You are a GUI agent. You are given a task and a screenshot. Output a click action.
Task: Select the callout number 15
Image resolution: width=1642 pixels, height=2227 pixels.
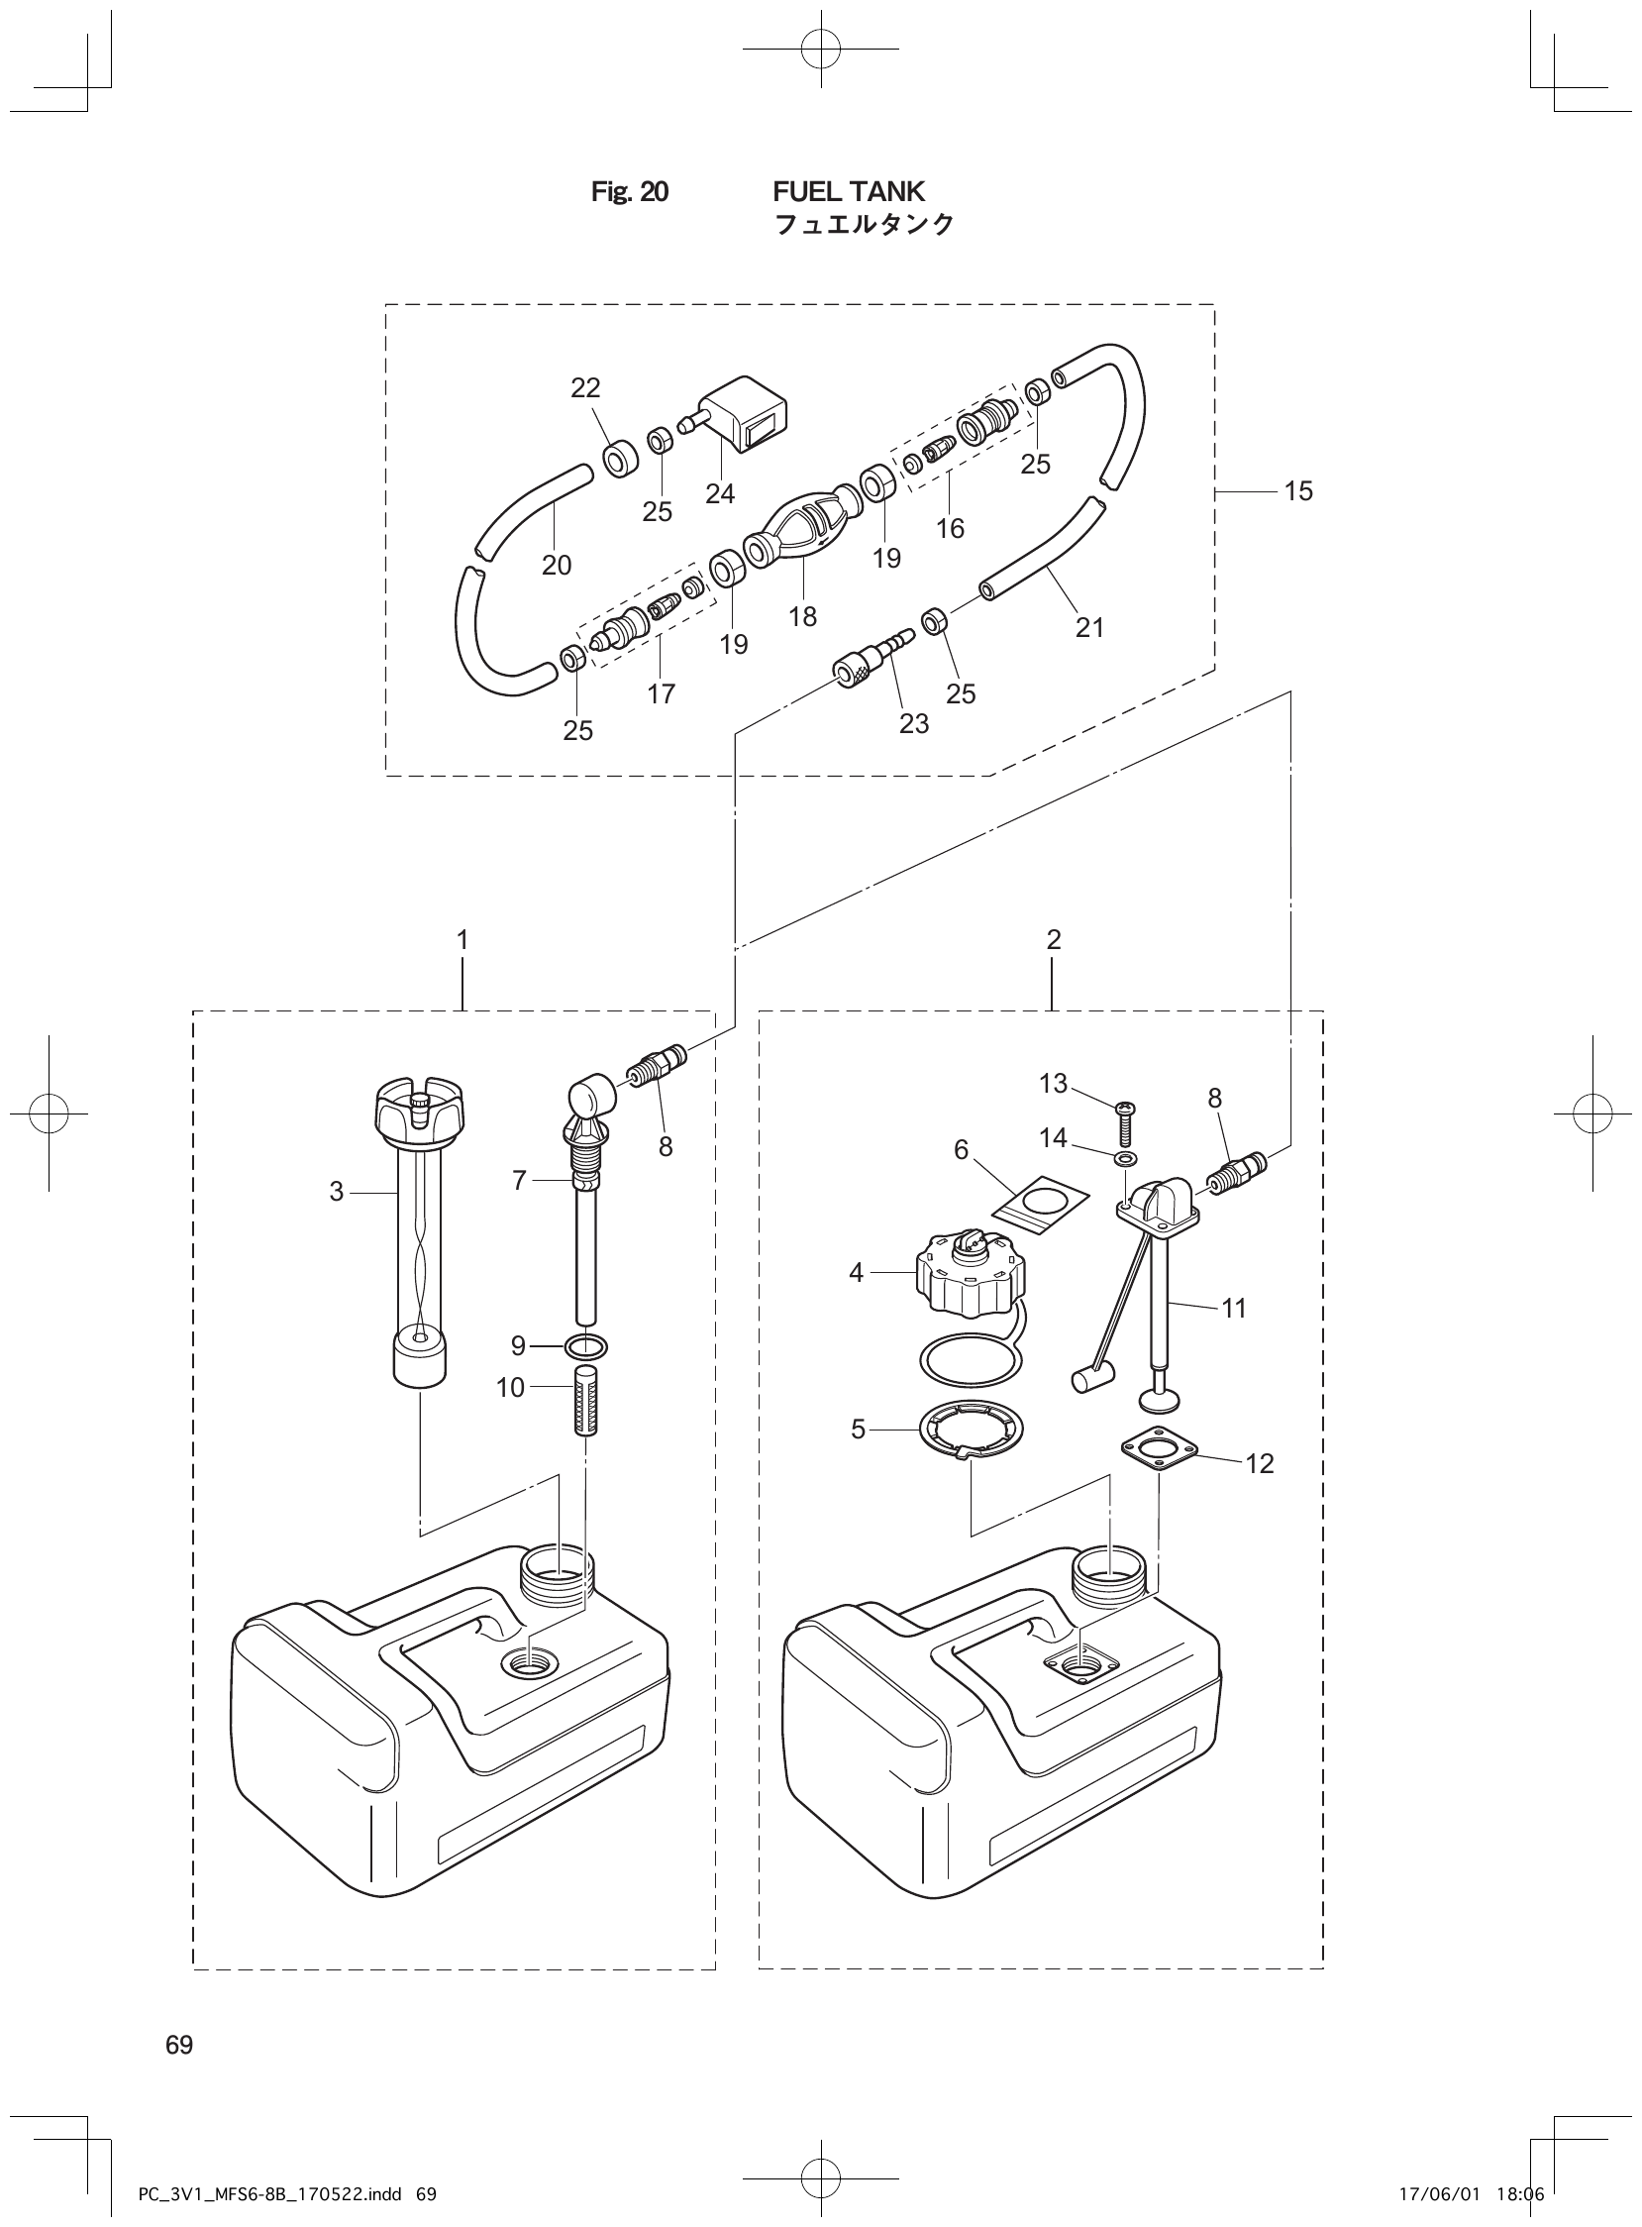point(1298,491)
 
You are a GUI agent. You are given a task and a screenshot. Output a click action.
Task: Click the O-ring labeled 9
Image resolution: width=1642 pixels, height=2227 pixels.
point(586,1347)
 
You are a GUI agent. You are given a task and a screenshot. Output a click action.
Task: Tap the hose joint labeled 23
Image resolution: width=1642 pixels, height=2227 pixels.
point(874,658)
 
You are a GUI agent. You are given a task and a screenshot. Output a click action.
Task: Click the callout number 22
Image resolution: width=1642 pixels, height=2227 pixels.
point(585,387)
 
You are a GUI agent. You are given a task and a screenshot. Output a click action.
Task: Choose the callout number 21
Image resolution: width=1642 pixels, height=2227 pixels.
point(1089,627)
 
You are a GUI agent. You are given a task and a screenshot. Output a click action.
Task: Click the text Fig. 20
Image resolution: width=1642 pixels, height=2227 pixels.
point(629,191)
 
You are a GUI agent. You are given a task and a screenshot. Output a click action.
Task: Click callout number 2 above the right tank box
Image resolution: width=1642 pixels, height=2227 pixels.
point(1054,939)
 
